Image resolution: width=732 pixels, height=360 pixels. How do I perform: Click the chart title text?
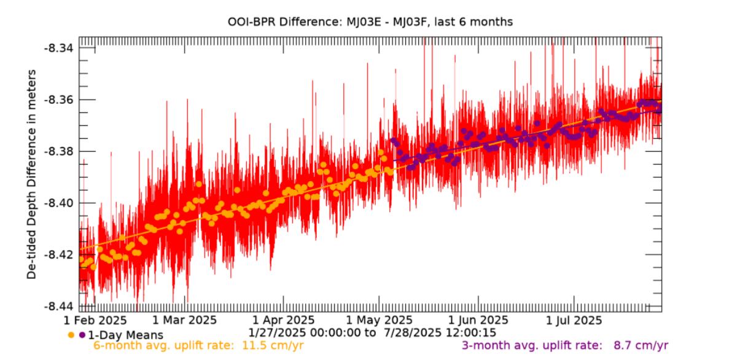pyautogui.click(x=370, y=22)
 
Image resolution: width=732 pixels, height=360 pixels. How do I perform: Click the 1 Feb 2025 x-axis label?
pyautogui.click(x=96, y=321)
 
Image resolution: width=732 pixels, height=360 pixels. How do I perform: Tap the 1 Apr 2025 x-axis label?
pyautogui.click(x=284, y=321)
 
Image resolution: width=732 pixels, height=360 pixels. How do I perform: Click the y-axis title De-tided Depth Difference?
pyautogui.click(x=31, y=174)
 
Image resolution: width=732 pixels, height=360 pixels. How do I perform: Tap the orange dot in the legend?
pyautogui.click(x=71, y=335)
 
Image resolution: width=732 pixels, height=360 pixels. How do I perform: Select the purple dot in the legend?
pyautogui.click(x=82, y=335)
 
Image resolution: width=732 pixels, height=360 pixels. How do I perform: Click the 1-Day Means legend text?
pyautogui.click(x=125, y=335)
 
